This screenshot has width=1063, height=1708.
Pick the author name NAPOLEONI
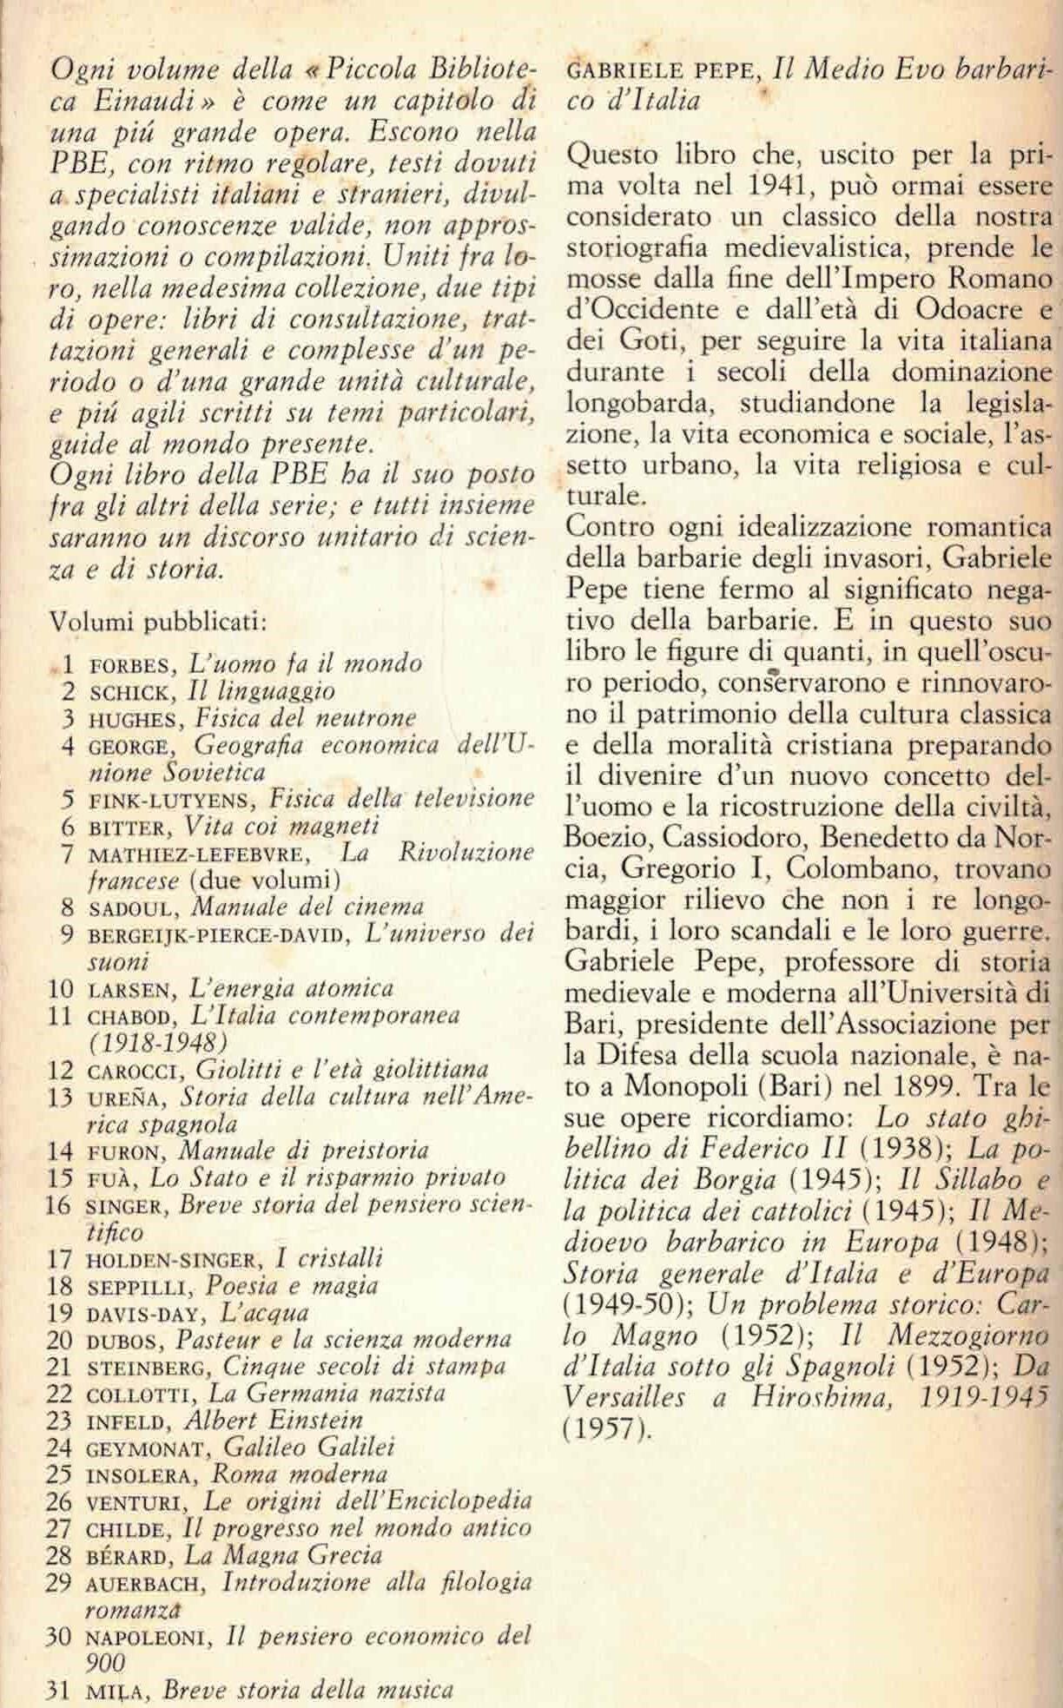click(150, 1639)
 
